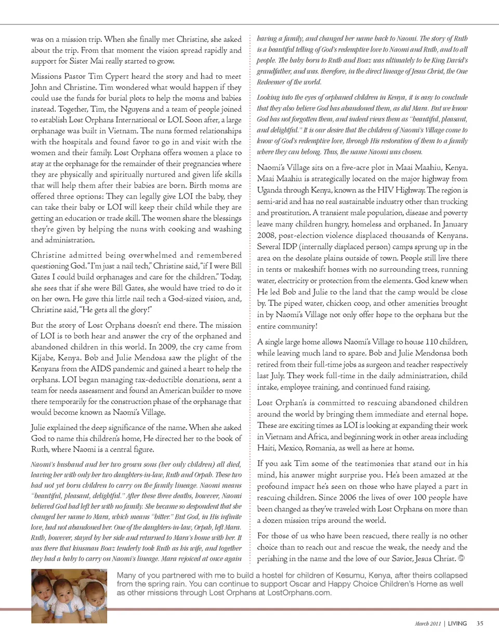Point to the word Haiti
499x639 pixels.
click(267, 447)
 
